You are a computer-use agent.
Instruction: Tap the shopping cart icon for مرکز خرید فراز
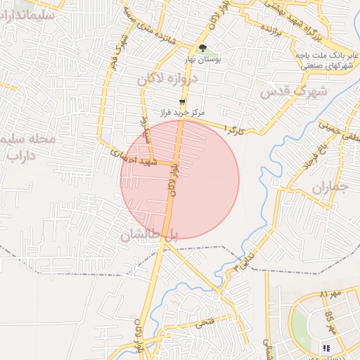click(x=183, y=103)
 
